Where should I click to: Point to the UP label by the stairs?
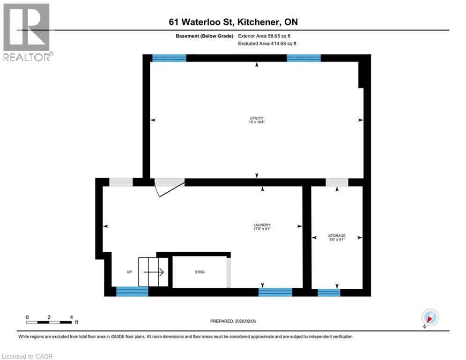coord(129,272)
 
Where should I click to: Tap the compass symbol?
coord(429,317)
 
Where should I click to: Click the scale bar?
coord(49,322)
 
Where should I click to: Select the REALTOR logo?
coord(27,31)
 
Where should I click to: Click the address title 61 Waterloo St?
coord(233,22)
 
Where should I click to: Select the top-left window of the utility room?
coord(169,58)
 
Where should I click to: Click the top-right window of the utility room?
coord(303,58)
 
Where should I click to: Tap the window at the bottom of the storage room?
coord(329,292)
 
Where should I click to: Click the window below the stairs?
coord(132,292)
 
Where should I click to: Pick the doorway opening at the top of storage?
coord(337,182)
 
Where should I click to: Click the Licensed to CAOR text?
coord(28,356)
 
